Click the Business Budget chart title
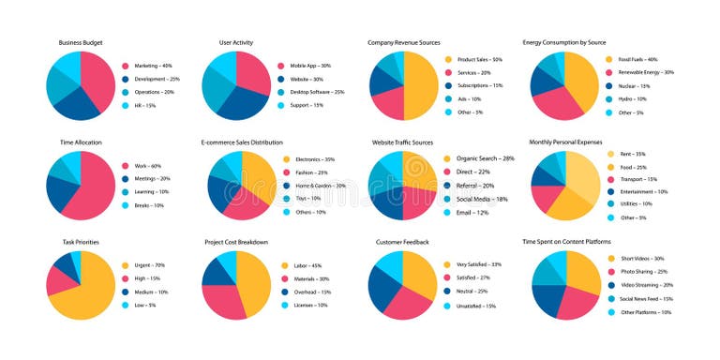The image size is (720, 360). [x=81, y=42]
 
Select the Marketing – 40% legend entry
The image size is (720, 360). [x=153, y=66]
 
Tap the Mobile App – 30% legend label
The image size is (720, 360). [x=310, y=66]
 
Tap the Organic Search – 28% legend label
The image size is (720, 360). [x=485, y=158]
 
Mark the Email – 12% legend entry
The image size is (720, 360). [x=472, y=212]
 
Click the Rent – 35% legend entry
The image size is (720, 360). [x=626, y=154]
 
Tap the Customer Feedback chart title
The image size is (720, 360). [x=402, y=242]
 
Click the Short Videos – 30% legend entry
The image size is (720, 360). [x=642, y=258]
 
